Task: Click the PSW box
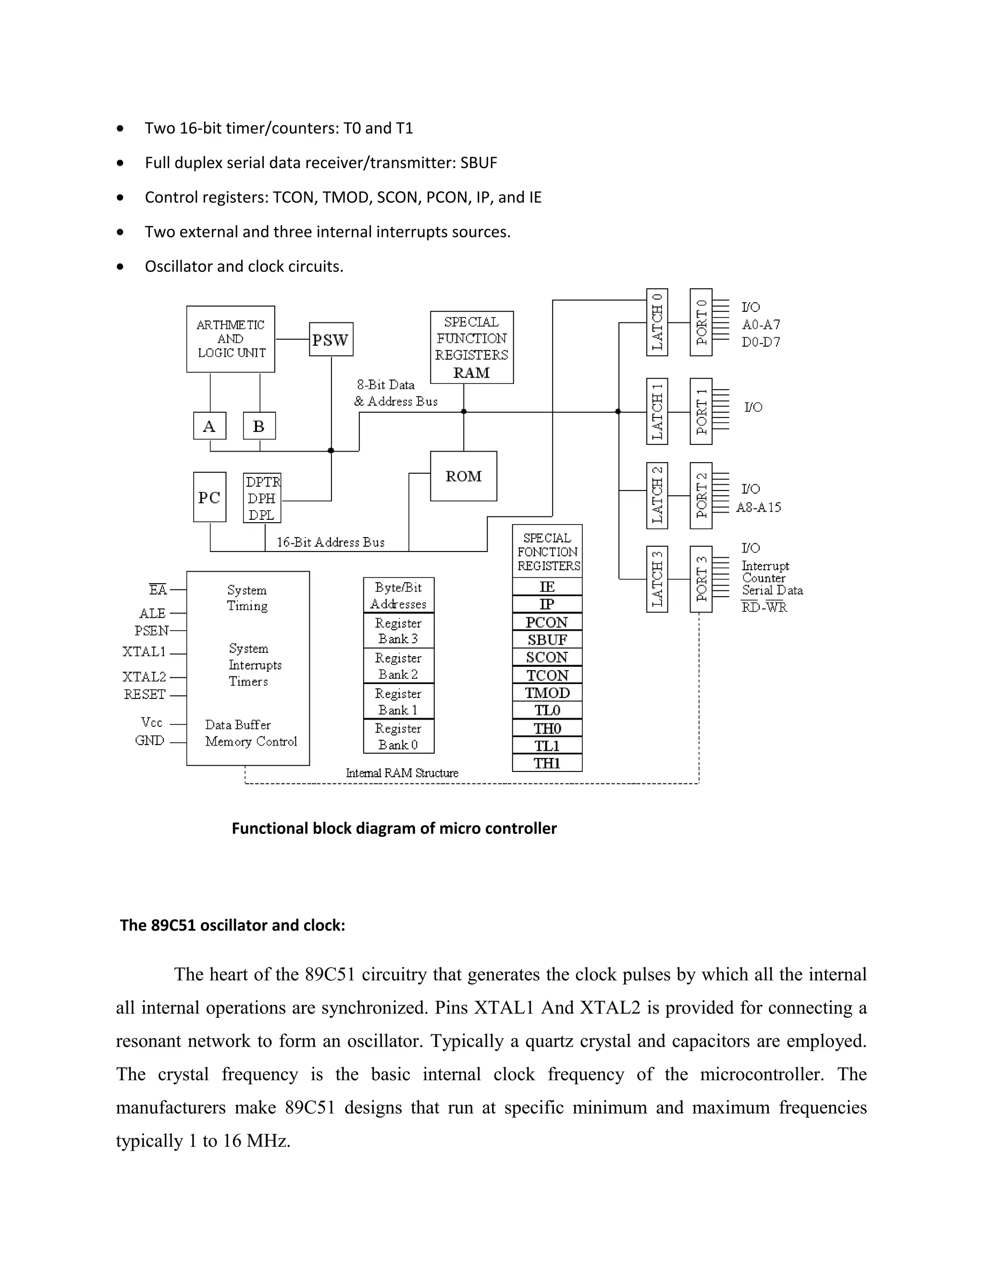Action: (331, 339)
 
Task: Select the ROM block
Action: (464, 476)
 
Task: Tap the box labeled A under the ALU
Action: (209, 426)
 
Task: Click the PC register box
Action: (209, 497)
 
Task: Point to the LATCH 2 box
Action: (657, 495)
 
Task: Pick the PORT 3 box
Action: (701, 579)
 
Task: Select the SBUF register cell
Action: (547, 639)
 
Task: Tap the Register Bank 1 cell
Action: (398, 702)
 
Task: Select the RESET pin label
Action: (145, 694)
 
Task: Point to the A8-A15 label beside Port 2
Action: (758, 507)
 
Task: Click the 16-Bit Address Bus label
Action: (330, 542)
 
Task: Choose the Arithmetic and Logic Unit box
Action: (230, 339)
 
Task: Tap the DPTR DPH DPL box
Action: (262, 498)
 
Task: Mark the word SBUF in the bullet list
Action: (478, 163)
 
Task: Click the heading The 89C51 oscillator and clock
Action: (233, 925)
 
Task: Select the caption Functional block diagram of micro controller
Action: (394, 828)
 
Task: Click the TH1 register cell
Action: (547, 763)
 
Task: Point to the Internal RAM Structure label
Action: (402, 773)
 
